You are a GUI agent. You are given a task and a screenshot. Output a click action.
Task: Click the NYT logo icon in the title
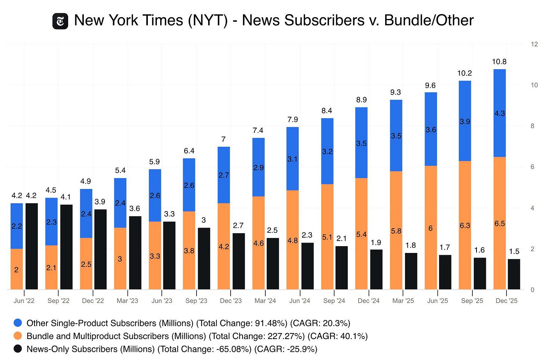(x=60, y=21)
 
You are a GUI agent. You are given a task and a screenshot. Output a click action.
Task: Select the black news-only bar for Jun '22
(x=31, y=246)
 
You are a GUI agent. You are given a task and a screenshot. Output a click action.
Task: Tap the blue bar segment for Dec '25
(x=499, y=113)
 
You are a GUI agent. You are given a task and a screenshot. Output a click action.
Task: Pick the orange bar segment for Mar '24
(x=258, y=242)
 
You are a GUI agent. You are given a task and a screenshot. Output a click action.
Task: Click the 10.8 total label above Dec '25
(x=499, y=62)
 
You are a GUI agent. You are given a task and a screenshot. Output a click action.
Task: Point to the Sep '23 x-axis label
(x=196, y=301)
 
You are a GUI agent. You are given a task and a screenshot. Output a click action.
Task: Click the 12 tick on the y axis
(x=534, y=44)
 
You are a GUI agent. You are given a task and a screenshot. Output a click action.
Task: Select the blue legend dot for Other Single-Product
(x=18, y=323)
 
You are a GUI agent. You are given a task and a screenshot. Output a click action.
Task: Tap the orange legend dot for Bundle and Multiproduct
(x=18, y=336)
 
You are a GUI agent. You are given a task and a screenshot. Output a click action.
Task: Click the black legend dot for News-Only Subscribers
(x=18, y=349)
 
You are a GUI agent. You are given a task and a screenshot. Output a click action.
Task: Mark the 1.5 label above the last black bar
(x=514, y=252)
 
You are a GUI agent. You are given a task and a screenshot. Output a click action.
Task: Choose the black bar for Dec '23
(x=238, y=261)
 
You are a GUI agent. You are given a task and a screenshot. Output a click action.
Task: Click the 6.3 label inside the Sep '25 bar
(x=465, y=226)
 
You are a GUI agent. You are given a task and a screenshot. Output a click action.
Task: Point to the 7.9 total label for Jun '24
(x=293, y=120)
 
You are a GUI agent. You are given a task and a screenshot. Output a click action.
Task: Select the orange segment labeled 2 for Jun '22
(x=16, y=269)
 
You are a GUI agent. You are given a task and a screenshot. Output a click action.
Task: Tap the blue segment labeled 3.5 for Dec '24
(x=361, y=143)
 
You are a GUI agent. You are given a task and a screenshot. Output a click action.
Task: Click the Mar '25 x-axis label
(x=403, y=301)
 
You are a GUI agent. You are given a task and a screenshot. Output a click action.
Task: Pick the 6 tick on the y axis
(x=532, y=167)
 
